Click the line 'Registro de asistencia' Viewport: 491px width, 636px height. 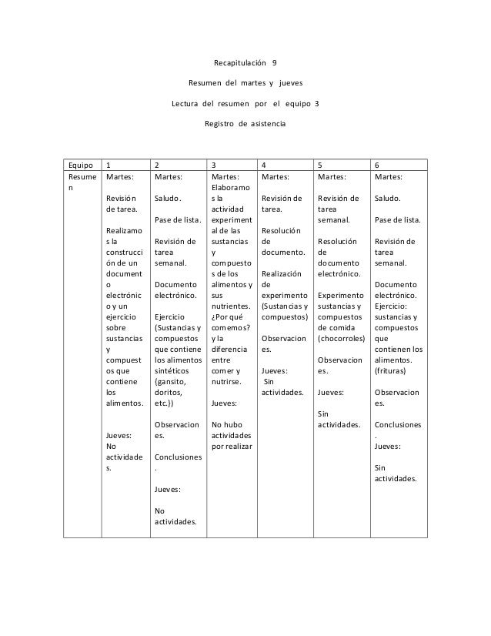tap(244, 122)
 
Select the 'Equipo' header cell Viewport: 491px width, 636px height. tap(78, 165)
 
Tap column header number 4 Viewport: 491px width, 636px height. tap(265, 165)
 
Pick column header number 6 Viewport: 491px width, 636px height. tap(376, 165)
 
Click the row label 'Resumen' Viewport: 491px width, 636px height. tap(78, 182)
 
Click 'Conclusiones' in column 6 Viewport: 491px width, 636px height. tap(397, 423)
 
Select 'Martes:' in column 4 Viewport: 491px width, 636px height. tap(275, 176)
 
